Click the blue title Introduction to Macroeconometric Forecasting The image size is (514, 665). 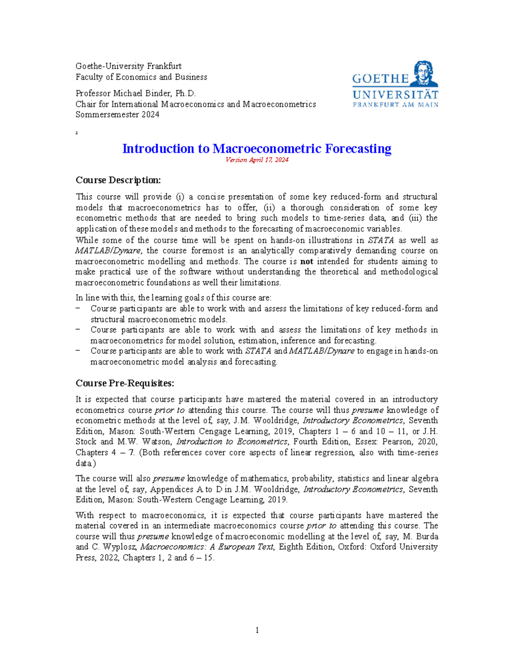point(257,149)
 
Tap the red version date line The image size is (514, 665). point(257,160)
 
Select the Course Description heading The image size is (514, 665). point(118,180)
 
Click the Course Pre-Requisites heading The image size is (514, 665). point(125,383)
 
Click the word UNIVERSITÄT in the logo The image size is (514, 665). point(395,95)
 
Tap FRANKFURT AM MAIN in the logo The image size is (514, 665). point(395,104)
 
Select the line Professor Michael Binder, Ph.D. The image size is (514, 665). point(135,93)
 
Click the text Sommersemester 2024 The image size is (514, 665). point(117,114)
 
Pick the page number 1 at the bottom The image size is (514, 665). point(257,630)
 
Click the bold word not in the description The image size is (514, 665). point(306,261)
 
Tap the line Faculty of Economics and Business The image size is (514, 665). point(141,77)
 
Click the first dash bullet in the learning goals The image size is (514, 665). point(78,308)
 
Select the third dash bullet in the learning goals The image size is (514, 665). point(78,351)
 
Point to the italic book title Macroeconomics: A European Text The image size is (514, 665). point(207,547)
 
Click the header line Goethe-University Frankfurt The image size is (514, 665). point(128,66)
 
